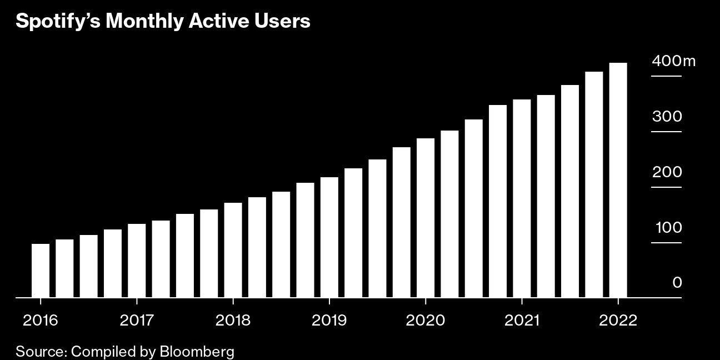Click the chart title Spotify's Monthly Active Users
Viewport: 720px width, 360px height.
pos(163,21)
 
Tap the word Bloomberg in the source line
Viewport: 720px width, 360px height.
pos(197,351)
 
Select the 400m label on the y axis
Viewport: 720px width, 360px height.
pos(673,61)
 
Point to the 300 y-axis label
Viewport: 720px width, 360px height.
pos(667,116)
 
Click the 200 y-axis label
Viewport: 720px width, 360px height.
pos(667,172)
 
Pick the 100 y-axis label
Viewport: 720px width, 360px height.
pos(668,228)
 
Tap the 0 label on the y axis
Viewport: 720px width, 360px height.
pos(677,283)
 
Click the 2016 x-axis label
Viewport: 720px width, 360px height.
pos(40,320)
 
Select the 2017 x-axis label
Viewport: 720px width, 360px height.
pos(137,320)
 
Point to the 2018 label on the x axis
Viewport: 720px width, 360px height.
pos(233,320)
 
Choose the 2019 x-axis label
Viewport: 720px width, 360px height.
pos(329,320)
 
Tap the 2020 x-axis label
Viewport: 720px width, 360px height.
pos(425,320)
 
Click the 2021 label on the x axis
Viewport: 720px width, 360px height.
pos(522,320)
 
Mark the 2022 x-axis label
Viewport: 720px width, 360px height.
pos(618,320)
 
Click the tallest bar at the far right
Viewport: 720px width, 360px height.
pos(618,180)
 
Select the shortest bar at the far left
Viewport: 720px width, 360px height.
pos(41,271)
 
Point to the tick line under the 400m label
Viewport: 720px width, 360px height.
pos(666,76)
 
